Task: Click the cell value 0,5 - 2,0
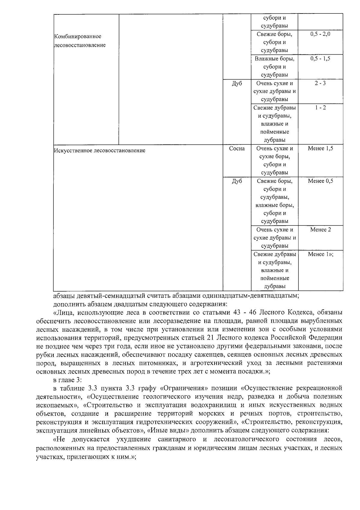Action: (x=320, y=34)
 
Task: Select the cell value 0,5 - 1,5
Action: (x=320, y=59)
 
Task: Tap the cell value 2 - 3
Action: (x=320, y=83)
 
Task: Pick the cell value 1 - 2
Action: (x=320, y=108)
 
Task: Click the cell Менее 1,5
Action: (x=320, y=149)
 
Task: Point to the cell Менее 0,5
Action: (x=320, y=181)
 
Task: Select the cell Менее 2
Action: (x=320, y=230)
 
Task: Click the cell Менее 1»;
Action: (x=320, y=255)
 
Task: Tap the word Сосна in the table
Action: (x=237, y=149)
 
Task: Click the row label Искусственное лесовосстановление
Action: (x=100, y=151)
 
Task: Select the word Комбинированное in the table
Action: (x=78, y=37)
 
